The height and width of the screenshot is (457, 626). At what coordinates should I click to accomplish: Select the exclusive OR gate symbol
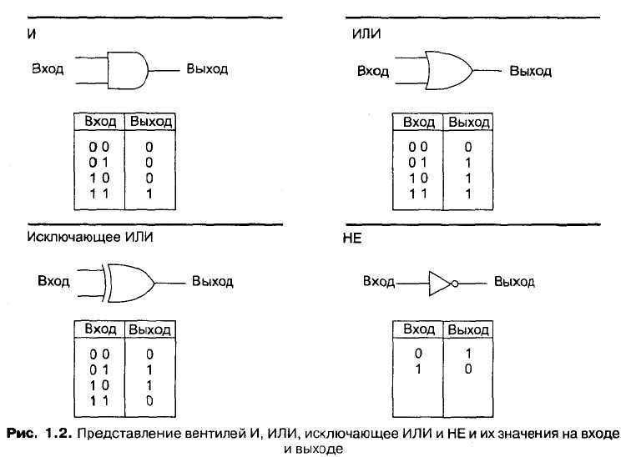(130, 282)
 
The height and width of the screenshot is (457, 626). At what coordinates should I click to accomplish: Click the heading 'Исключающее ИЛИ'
(90, 237)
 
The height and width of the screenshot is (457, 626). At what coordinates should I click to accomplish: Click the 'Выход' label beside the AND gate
(207, 68)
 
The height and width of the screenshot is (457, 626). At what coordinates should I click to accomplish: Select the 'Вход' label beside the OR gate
(373, 71)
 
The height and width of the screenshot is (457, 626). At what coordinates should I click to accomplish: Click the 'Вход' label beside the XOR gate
(53, 281)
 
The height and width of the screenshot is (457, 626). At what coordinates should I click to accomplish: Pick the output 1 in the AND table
(149, 193)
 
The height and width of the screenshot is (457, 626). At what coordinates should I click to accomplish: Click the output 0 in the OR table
(467, 145)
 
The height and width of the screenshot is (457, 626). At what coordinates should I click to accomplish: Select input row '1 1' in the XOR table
(100, 401)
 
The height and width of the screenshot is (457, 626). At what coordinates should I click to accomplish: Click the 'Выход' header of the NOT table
(469, 330)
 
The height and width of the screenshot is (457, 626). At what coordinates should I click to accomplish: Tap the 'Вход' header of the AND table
(100, 122)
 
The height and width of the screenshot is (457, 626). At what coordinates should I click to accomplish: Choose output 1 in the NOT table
(468, 354)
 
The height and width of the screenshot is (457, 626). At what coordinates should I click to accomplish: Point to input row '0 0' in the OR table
(418, 145)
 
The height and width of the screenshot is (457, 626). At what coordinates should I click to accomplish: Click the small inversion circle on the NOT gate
(455, 284)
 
